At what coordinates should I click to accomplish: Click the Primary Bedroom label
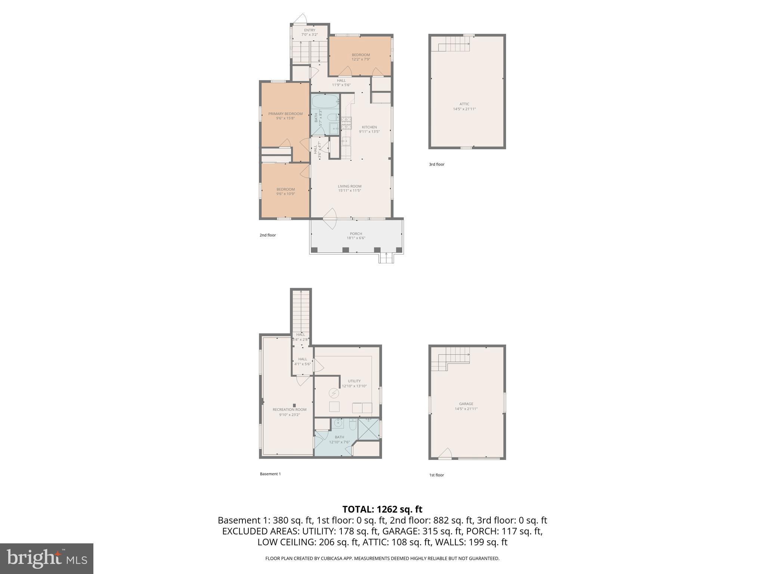(285, 114)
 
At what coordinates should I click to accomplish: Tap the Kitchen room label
(369, 127)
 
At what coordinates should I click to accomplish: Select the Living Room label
(350, 186)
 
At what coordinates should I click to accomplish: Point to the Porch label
(356, 234)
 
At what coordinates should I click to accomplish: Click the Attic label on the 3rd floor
(464, 104)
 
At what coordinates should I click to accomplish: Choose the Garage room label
(466, 404)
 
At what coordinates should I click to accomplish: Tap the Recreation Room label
(289, 410)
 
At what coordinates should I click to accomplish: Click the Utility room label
(354, 381)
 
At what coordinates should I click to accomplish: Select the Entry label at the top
(310, 30)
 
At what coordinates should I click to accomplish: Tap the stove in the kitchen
(346, 123)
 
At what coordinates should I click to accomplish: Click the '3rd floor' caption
(437, 164)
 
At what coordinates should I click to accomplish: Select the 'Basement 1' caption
(270, 474)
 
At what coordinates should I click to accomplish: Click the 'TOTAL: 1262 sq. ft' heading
(382, 509)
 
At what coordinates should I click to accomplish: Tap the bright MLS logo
(46, 559)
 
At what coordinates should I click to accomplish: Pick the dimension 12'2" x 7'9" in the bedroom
(361, 59)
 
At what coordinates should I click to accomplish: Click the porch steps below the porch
(386, 258)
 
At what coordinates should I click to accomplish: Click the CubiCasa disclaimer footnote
(382, 559)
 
